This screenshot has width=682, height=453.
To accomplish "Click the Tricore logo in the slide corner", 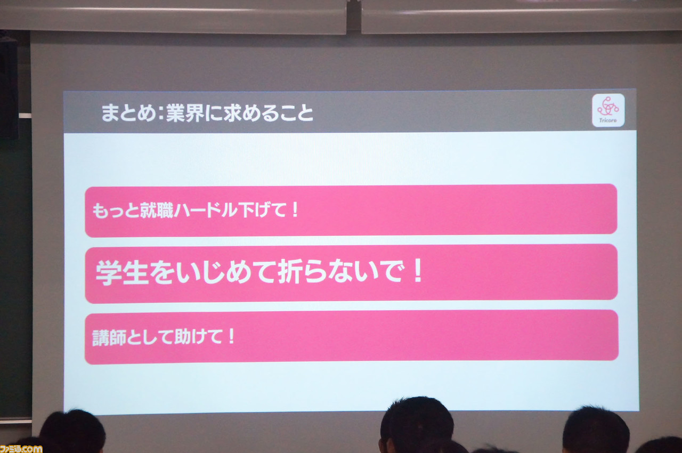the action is click(x=608, y=110).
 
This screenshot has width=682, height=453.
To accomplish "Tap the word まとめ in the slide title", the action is click(x=128, y=113).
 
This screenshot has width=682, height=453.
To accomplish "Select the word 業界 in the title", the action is click(x=185, y=113).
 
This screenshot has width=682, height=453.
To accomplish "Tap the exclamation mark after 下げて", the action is click(x=295, y=210).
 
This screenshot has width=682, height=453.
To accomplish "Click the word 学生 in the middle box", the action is click(x=122, y=273).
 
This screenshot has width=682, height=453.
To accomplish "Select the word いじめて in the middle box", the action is click(x=213, y=272).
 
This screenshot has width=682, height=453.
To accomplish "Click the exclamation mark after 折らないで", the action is click(x=418, y=270).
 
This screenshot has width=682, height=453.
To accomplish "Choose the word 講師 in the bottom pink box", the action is click(x=109, y=338).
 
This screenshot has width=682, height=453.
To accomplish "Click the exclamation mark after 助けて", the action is click(x=232, y=336).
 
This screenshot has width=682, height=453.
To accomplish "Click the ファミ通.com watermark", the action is click(x=21, y=449).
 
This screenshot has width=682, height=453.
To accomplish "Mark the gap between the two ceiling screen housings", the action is click(x=354, y=17).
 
